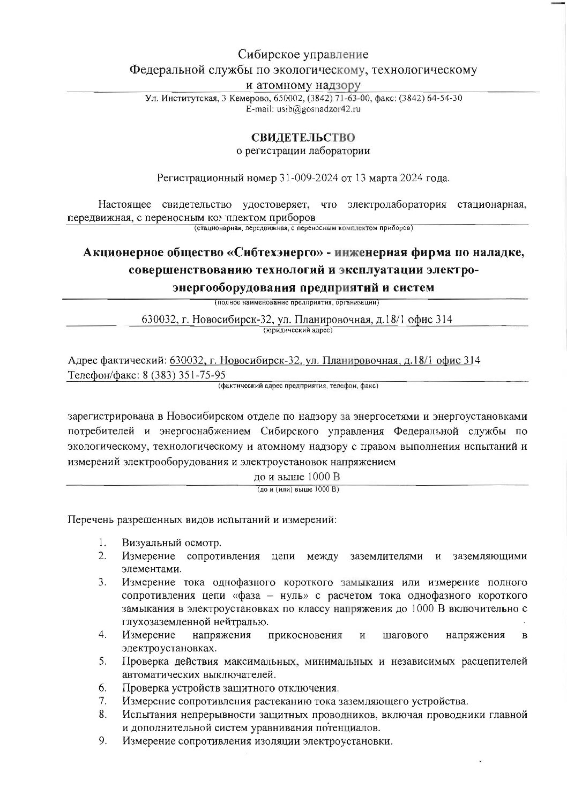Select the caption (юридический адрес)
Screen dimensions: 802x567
point(297,330)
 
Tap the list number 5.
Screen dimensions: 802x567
point(102,660)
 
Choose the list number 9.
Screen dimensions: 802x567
point(102,741)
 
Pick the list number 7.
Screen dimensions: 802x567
point(102,701)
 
